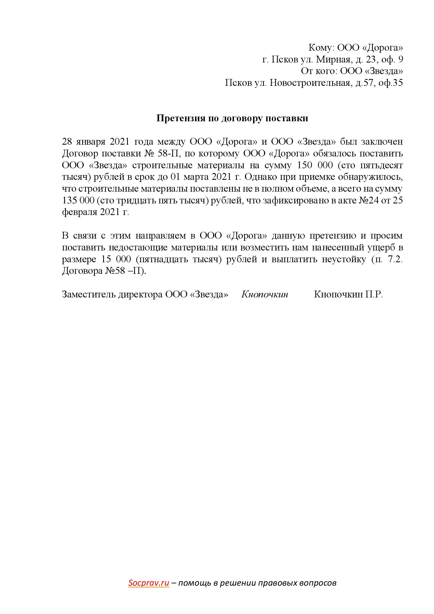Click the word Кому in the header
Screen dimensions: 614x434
(x=320, y=48)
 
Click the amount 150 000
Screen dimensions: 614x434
(x=315, y=165)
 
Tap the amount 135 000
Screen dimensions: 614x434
(x=78, y=201)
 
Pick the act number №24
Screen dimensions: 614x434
(x=368, y=201)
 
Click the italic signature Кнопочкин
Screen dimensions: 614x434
(x=264, y=295)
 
